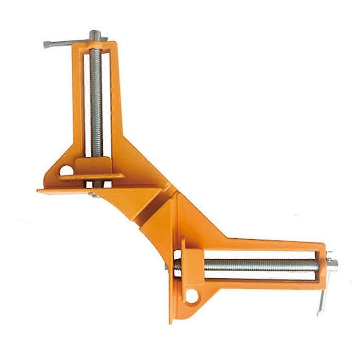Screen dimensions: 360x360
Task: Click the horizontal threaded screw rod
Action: (259, 265)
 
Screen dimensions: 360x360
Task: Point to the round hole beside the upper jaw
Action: (66, 170)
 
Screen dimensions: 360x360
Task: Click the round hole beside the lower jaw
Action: (192, 296)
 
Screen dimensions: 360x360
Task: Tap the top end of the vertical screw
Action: (95, 34)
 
